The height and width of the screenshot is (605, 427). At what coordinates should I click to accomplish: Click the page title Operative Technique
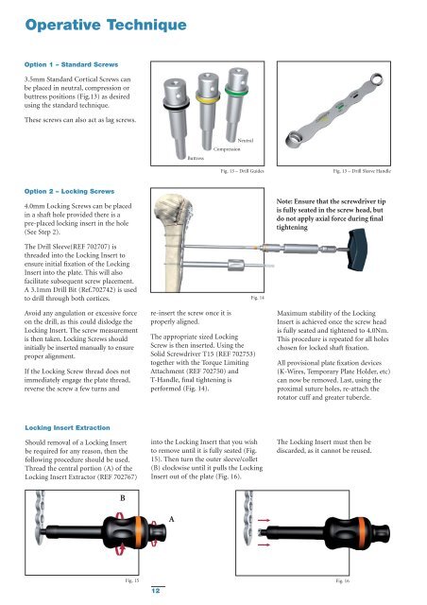(x=106, y=26)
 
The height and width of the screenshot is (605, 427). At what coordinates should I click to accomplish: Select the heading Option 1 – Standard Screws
(x=72, y=65)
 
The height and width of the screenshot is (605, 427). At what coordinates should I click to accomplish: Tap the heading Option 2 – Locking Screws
(x=69, y=191)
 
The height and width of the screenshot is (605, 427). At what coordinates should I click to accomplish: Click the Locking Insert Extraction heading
(x=67, y=428)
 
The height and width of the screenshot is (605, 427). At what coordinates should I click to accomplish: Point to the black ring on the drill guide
(x=177, y=105)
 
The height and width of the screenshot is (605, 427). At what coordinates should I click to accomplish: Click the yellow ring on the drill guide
(x=208, y=98)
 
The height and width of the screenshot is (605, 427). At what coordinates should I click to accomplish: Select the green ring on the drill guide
(x=236, y=91)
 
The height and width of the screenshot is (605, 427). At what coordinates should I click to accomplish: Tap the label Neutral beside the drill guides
(x=246, y=141)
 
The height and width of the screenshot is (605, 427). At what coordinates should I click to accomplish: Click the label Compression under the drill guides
(x=227, y=149)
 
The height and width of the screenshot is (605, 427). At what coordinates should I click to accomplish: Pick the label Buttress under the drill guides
(x=196, y=158)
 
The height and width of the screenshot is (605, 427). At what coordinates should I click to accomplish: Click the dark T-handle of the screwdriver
(x=358, y=250)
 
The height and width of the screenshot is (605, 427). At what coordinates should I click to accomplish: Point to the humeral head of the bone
(x=171, y=209)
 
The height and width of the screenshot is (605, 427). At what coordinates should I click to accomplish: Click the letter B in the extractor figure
(x=123, y=498)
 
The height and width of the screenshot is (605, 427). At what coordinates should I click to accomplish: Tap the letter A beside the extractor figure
(x=172, y=519)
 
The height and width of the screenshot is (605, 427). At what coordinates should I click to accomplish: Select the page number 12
(x=156, y=591)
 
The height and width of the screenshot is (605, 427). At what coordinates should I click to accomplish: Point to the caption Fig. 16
(x=343, y=580)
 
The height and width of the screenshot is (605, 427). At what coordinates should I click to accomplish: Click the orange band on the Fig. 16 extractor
(x=362, y=533)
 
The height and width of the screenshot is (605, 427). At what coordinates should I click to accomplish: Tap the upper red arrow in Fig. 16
(x=264, y=521)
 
